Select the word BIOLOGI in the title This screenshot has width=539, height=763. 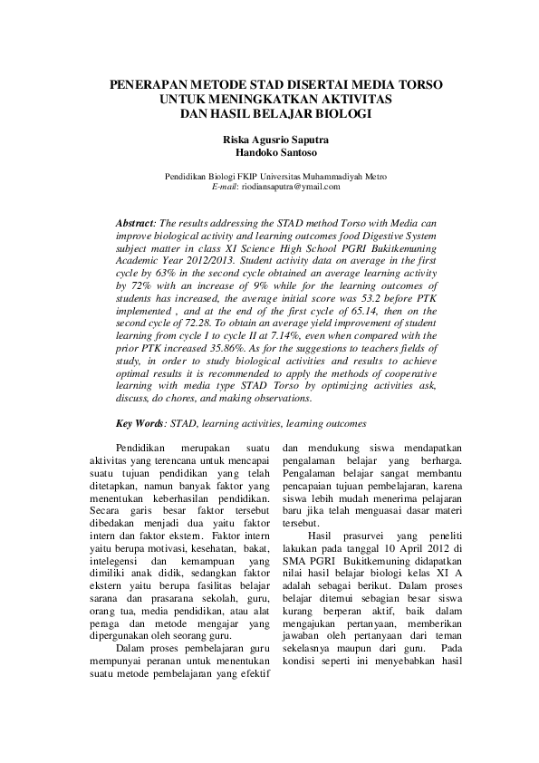(337, 113)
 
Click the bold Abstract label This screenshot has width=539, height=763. (137, 222)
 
